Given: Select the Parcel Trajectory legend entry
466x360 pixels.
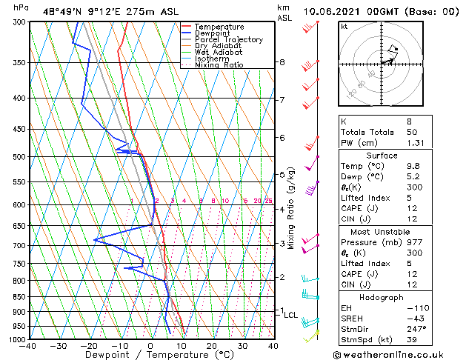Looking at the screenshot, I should point(228,40).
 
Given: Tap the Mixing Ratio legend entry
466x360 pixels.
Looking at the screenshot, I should point(219,65).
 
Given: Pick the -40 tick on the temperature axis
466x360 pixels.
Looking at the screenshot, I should point(29,345).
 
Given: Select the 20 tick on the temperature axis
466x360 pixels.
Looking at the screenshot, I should point(212,345).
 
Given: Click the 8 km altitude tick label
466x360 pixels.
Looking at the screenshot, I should point(282,62).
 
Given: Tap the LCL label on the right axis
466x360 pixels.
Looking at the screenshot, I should point(291,315).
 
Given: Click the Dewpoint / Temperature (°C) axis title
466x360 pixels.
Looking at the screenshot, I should point(150,355).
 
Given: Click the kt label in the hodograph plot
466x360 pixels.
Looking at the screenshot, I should point(344,26).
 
